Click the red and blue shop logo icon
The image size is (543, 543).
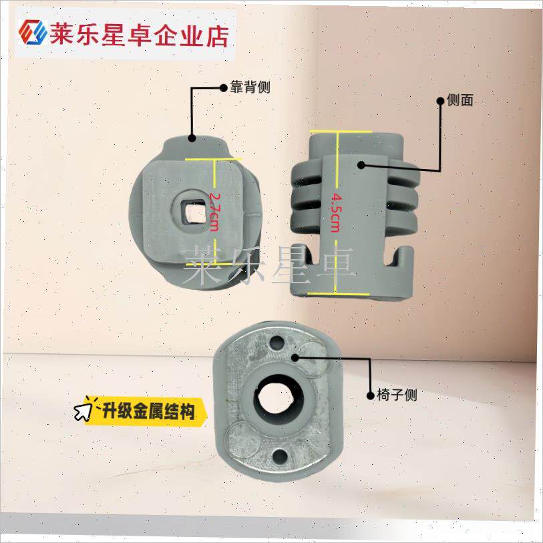[x=33, y=32]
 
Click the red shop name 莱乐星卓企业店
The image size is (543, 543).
[x=139, y=35]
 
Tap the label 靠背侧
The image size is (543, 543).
[x=250, y=87]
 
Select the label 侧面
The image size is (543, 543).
[x=460, y=100]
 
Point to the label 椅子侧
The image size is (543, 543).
[x=397, y=395]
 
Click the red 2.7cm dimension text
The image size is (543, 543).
[x=214, y=212]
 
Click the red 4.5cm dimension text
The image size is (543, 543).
[x=336, y=212]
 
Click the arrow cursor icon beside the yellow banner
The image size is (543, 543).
[x=83, y=411]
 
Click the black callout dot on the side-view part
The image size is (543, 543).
[x=361, y=165]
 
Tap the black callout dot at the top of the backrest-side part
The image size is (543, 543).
[x=192, y=138]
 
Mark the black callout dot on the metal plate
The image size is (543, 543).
[x=295, y=357]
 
